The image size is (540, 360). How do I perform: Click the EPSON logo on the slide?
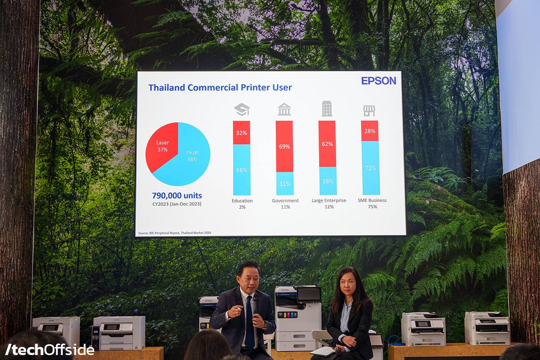378,81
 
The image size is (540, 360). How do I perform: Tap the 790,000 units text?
177,196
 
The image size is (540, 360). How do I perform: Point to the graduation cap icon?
242,110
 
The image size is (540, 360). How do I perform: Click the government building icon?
284,109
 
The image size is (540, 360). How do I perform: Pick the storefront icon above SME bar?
369,111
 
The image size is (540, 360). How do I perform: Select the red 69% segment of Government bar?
284,146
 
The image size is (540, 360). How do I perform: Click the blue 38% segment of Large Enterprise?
328,181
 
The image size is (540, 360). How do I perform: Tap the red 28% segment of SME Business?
370,131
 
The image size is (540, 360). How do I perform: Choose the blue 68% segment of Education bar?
242,170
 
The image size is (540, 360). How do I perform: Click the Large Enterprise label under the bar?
329,201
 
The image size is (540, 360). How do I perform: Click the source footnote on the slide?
175,233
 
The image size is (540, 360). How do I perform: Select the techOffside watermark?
49,349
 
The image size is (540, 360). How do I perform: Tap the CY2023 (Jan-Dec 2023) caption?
177,204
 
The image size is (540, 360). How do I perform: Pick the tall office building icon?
327,109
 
